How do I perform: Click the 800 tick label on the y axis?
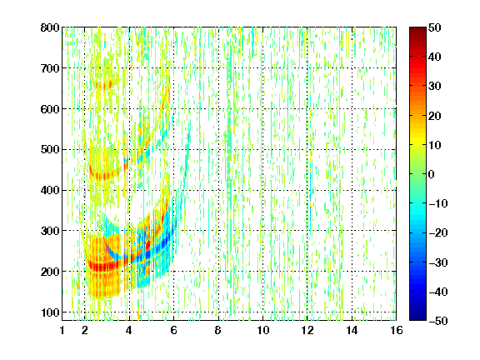tap(50, 27)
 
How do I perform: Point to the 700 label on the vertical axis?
tap(50, 68)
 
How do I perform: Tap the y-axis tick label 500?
tap(50, 150)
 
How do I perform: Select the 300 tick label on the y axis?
tap(50, 231)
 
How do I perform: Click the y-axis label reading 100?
tap(50, 312)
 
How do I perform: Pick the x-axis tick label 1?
tap(62, 330)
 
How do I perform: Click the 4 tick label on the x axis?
tap(129, 330)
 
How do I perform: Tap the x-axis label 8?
tap(218, 330)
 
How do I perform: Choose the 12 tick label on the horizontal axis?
tap(307, 330)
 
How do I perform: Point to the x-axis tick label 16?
tap(396, 330)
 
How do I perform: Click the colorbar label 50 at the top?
tap(434, 27)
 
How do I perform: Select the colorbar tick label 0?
tap(432, 174)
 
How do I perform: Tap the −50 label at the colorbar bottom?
tap(437, 321)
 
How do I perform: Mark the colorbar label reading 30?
tap(434, 87)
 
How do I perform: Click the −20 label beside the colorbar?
tap(437, 232)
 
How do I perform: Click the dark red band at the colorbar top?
tap(417, 33)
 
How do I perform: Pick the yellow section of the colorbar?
tap(417, 142)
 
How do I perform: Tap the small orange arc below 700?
tap(105, 84)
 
